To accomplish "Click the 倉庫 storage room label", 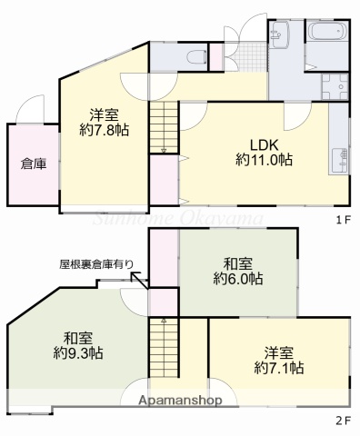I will pos(34,164).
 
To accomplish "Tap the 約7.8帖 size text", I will pos(105,130).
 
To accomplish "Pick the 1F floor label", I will pos(343,219).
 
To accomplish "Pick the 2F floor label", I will pos(343,420).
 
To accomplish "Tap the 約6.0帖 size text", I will pos(238,277).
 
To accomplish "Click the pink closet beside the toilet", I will pos(215,56).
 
